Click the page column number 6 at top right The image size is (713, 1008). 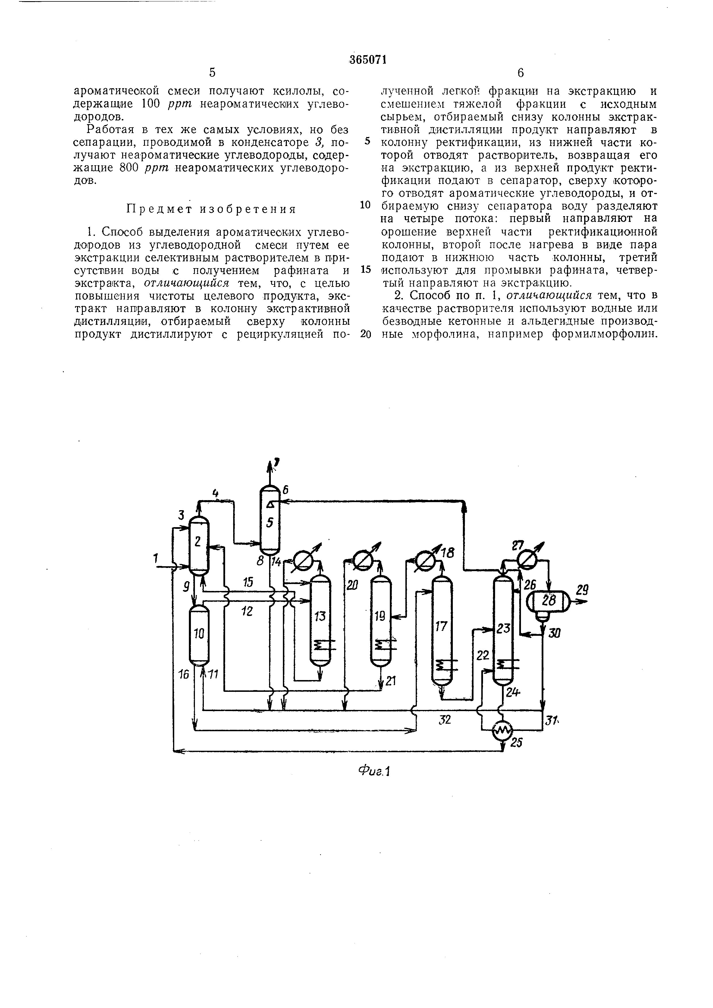tap(521, 72)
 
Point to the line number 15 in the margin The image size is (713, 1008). tap(365, 269)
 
